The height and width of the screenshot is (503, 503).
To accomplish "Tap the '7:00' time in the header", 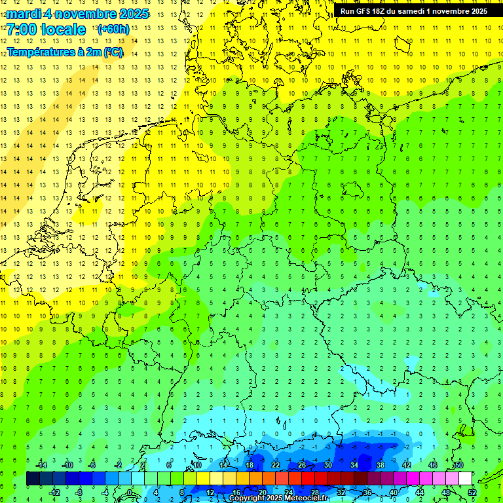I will (x=21, y=29).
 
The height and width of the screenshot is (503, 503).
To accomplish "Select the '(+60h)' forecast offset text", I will (x=113, y=29).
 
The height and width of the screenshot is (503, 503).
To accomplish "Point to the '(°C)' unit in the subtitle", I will (x=111, y=52).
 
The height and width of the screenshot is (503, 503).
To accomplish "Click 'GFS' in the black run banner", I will (x=368, y=11).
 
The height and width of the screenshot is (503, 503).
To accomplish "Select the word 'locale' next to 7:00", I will (x=63, y=29).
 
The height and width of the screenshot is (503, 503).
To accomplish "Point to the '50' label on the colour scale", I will (x=459, y=465).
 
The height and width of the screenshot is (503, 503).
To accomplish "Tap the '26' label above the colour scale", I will (x=302, y=465).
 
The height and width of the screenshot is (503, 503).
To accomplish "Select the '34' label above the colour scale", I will (x=354, y=465).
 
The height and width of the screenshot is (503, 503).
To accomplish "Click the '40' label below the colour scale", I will (x=394, y=492).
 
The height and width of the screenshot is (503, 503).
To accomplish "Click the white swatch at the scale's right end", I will (x=466, y=479).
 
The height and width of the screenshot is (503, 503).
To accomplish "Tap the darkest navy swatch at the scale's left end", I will (x=33, y=479).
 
